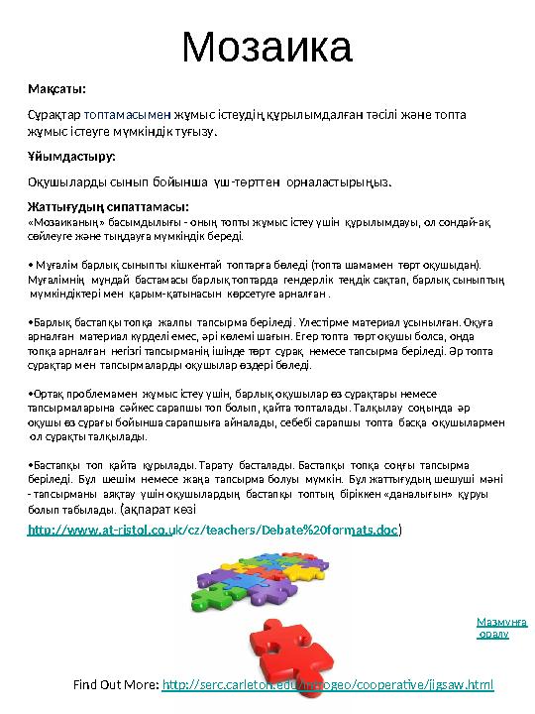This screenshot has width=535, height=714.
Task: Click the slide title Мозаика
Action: click(268, 46)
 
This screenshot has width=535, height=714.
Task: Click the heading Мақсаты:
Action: click(56, 89)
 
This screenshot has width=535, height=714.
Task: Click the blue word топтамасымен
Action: click(127, 115)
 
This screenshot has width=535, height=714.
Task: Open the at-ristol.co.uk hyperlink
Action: click(213, 532)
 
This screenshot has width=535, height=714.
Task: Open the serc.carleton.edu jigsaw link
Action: click(327, 685)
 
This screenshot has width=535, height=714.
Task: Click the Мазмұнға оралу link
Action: click(501, 628)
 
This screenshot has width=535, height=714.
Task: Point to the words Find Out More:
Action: click(116, 685)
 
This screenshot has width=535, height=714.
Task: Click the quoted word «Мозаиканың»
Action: click(63, 223)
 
